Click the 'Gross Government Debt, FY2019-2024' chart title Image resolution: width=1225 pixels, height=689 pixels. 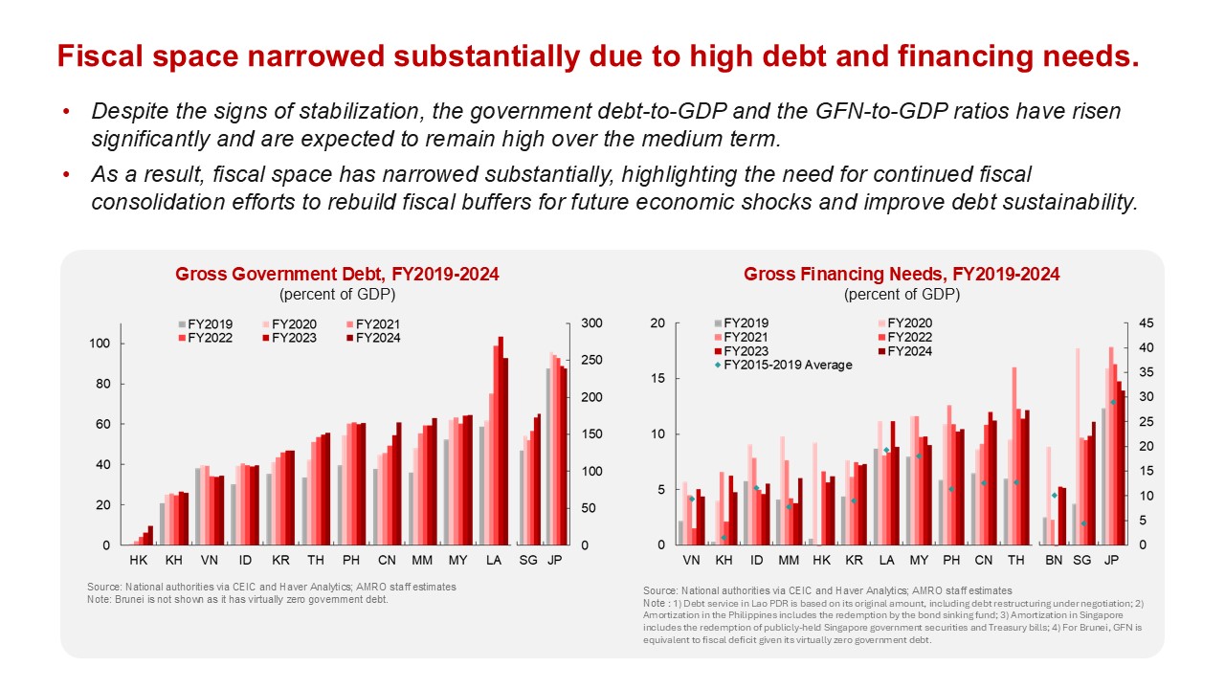(337, 275)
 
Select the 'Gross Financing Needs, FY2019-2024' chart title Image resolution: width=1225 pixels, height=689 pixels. (902, 275)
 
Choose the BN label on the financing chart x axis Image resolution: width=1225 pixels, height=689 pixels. (1054, 558)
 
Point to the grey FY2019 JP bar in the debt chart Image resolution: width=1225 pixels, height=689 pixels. (547, 456)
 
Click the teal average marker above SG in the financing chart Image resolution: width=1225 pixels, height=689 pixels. (1083, 523)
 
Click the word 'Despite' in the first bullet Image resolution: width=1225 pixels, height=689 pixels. (125, 111)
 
